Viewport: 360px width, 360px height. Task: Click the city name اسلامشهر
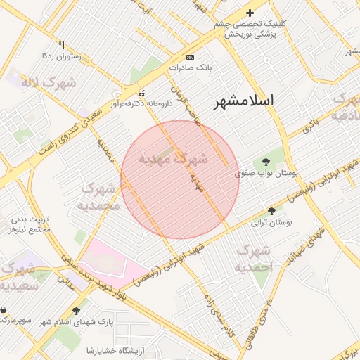[x=246, y=101]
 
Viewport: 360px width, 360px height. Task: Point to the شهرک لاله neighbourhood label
[x=49, y=83]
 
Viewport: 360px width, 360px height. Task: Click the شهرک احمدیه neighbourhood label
[x=254, y=259]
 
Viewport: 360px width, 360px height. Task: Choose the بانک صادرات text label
[x=190, y=67]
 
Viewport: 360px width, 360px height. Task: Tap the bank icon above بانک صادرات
[x=190, y=57]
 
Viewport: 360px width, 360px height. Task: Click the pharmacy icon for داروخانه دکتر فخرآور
[x=142, y=94]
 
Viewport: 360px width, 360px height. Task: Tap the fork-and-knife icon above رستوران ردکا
[x=61, y=45]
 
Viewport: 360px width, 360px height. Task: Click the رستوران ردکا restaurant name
[x=62, y=56]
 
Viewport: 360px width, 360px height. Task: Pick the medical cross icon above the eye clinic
[x=250, y=13]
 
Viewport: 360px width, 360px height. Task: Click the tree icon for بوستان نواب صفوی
[x=265, y=162]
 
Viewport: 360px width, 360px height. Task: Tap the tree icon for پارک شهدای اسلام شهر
[x=76, y=310]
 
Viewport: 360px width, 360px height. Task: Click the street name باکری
[x=310, y=124]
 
